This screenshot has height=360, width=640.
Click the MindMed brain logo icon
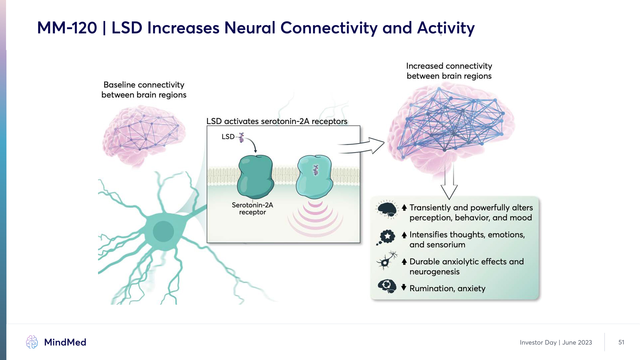[x=32, y=342]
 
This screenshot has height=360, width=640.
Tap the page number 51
[x=621, y=342]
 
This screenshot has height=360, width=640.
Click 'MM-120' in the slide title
[x=67, y=28]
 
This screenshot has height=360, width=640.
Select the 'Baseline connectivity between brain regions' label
[x=144, y=90]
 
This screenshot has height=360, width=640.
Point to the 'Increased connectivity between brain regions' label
[x=449, y=71]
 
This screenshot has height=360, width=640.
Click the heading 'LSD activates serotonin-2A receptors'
[x=277, y=121]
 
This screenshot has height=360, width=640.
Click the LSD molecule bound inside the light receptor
[x=315, y=170]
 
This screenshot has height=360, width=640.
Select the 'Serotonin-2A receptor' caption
[x=252, y=209]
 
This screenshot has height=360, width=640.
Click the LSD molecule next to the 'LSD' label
[x=241, y=137]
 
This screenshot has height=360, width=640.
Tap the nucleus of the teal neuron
[x=163, y=231]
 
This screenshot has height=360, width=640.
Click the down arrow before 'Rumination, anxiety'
[x=404, y=287]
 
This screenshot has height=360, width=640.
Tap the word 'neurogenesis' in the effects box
[x=434, y=272]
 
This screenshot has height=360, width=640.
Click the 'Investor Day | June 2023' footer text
[x=556, y=343]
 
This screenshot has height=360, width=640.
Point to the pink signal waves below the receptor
[x=315, y=218]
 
